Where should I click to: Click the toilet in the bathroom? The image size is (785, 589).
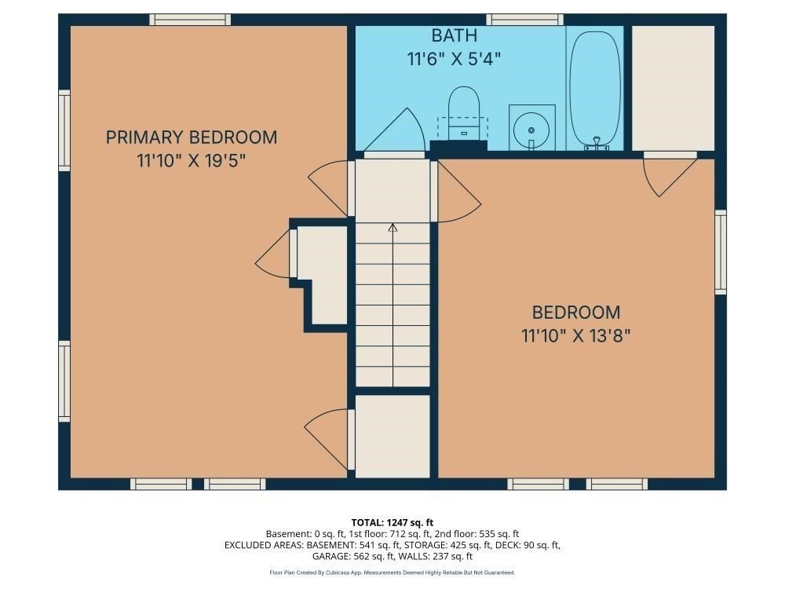(464, 114)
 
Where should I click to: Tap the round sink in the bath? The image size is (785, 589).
(531, 130)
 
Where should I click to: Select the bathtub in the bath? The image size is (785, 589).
(595, 90)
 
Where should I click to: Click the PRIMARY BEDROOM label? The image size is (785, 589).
(192, 137)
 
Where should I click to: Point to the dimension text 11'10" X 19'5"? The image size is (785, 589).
(192, 161)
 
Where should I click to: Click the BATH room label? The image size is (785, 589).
(454, 35)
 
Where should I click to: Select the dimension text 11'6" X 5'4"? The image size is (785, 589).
(454, 59)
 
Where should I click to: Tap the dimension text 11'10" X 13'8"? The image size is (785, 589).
(575, 335)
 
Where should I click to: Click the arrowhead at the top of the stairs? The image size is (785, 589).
(393, 228)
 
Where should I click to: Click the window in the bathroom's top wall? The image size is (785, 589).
(525, 20)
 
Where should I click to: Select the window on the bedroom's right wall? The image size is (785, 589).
(721, 252)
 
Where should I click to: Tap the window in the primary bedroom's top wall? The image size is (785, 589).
(190, 20)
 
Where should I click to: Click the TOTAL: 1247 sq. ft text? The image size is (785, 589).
(392, 523)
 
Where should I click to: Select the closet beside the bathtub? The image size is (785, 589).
(673, 88)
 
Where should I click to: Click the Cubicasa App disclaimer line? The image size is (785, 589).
(392, 573)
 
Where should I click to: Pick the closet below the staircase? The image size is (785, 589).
(393, 436)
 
